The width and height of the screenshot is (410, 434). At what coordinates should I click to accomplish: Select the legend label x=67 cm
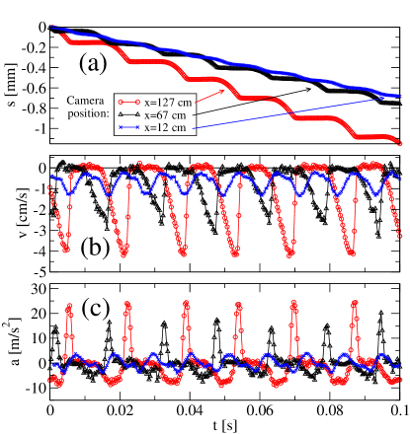[x=166, y=114]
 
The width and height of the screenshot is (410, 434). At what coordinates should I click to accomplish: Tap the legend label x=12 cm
[x=166, y=127]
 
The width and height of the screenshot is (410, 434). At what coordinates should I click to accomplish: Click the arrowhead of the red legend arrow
[x=237, y=86]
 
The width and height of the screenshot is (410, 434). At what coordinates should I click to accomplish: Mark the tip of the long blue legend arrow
[x=394, y=96]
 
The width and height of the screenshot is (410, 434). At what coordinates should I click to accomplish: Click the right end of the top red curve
[x=399, y=142]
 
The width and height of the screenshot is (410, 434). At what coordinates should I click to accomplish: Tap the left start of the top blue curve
[x=52, y=27]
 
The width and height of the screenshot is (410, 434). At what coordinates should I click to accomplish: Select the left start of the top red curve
[x=62, y=36]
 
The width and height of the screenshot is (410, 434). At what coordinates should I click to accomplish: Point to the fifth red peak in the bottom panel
[x=293, y=308]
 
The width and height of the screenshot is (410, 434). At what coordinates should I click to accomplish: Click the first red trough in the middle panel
[x=65, y=251]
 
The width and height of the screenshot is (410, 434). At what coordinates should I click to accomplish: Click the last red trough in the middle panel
[x=350, y=253]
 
